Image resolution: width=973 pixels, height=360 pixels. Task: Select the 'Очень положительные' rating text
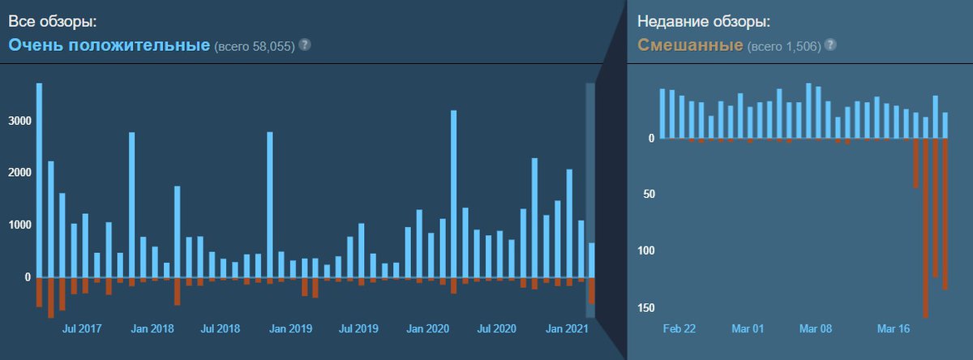pos(109,45)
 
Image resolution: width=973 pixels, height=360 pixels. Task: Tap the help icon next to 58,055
pos(305,45)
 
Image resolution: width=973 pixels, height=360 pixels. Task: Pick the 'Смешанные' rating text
pos(689,45)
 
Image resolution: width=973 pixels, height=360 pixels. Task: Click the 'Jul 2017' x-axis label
pos(81,329)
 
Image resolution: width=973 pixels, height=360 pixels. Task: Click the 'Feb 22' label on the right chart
pos(679,329)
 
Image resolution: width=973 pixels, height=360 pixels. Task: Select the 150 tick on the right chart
pos(645,308)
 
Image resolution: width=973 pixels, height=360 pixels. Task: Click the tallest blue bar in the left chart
pos(39,178)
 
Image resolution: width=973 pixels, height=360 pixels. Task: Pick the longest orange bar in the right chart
pos(926,227)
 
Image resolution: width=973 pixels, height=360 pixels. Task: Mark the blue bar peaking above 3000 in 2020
pos(453,195)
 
